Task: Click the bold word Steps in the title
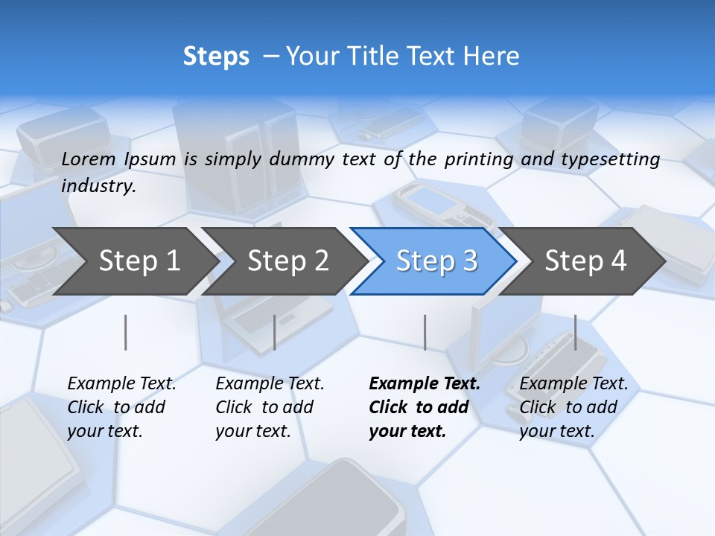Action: click(x=216, y=57)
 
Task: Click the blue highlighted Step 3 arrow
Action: click(x=436, y=261)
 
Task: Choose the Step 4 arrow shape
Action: click(x=585, y=261)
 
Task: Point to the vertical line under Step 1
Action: click(x=126, y=332)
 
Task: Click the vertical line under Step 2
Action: click(x=275, y=332)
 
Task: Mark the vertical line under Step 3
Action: click(x=425, y=332)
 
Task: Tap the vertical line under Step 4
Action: click(x=575, y=332)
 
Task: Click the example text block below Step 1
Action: click(x=121, y=407)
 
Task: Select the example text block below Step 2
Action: click(x=270, y=407)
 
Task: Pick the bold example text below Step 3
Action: click(x=424, y=407)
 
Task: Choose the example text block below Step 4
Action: click(x=573, y=407)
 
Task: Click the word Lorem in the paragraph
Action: click(x=89, y=159)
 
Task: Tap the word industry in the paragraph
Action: click(x=98, y=186)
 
